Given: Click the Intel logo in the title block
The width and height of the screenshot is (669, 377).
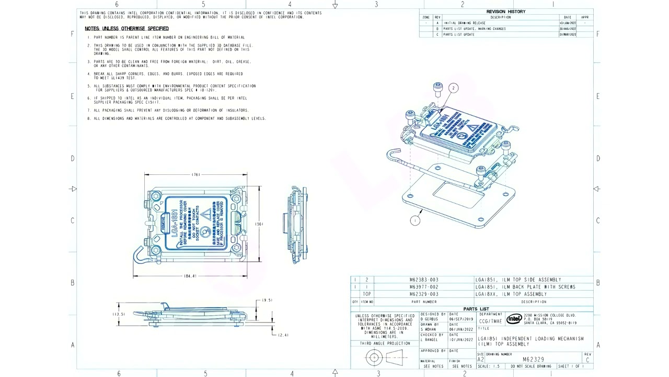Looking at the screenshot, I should click(x=514, y=319).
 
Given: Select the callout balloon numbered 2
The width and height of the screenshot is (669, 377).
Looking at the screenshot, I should click(x=453, y=88).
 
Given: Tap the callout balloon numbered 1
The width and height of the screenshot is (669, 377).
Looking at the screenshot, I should click(x=415, y=220).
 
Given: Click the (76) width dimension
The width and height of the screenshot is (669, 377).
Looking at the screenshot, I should click(x=196, y=174).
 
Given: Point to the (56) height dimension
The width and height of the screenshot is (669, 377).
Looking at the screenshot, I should click(x=259, y=224).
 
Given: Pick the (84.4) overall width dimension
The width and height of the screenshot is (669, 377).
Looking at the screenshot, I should click(x=190, y=276).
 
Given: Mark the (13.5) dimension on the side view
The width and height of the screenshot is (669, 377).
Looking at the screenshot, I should click(x=119, y=314).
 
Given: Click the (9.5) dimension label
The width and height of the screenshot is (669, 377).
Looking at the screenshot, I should click(x=267, y=300).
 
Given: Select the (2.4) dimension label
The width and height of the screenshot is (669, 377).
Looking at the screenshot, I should click(x=283, y=335).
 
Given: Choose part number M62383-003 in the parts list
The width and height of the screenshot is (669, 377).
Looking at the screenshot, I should click(x=424, y=280).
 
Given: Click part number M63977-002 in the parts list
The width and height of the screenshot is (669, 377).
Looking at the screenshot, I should click(x=424, y=287).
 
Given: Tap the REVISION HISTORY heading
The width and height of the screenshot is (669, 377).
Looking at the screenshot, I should click(x=505, y=12).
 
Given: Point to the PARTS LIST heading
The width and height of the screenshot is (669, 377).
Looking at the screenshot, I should click(x=476, y=309).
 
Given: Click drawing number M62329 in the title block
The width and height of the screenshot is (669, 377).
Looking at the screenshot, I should click(x=533, y=360).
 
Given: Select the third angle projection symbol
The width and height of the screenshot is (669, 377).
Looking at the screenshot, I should click(x=385, y=358).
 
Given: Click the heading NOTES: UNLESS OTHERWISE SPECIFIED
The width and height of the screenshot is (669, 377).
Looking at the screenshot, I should click(x=126, y=28).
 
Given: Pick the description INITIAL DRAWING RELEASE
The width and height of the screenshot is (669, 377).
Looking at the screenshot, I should click(x=464, y=23).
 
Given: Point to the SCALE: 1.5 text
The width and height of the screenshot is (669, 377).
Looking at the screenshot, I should click(x=489, y=366).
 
